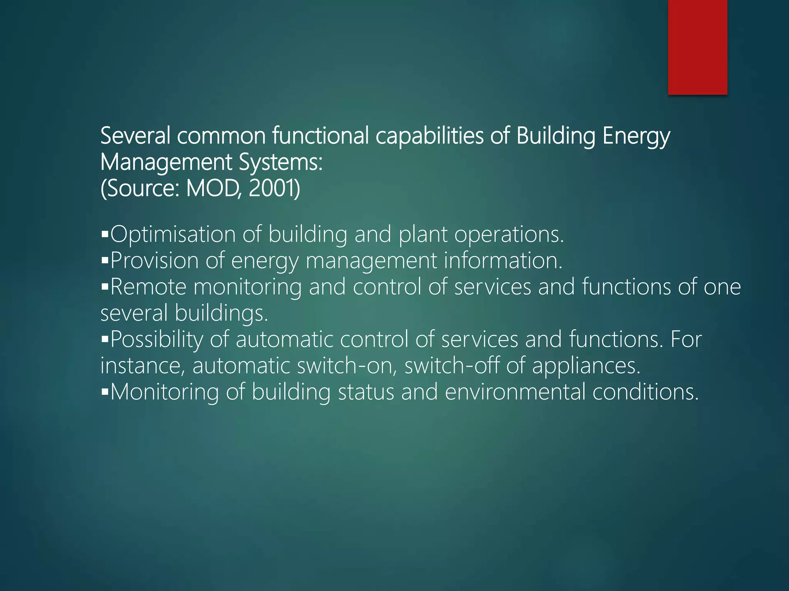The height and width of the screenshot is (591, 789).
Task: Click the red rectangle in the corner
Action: coord(697,47)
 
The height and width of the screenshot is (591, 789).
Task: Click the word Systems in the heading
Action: coord(280,162)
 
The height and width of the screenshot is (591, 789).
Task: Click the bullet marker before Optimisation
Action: coord(105,234)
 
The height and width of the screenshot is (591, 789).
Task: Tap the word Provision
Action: coord(154,260)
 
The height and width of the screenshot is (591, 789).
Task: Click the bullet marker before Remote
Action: coord(105,287)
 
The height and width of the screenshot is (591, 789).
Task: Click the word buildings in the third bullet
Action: coord(221,313)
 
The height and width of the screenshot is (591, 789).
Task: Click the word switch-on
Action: coord(347,366)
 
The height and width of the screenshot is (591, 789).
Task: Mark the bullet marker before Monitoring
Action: coord(105,392)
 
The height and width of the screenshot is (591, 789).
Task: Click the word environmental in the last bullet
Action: coord(515,392)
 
